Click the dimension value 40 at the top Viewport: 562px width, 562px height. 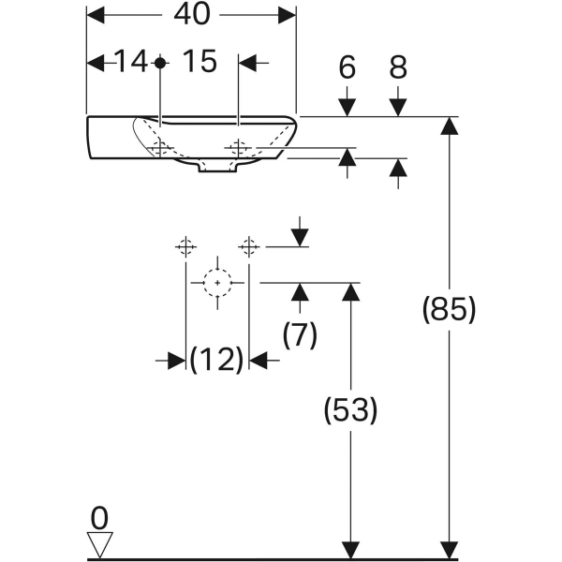click(x=191, y=14)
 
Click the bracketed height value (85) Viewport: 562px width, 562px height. click(x=450, y=309)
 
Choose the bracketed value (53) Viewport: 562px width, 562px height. click(x=350, y=409)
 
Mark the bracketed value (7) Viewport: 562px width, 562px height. click(x=300, y=334)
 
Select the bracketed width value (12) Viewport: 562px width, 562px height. click(x=217, y=359)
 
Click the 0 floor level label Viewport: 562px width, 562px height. click(x=99, y=517)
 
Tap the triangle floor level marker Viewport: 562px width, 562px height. click(x=99, y=544)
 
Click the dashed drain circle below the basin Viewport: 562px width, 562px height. click(x=217, y=282)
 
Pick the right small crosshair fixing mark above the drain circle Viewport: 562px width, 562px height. click(x=248, y=246)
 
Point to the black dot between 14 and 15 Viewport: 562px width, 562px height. click(x=160, y=63)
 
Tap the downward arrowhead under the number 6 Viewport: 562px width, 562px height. click(x=348, y=107)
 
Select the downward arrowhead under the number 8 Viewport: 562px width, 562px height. click(x=399, y=107)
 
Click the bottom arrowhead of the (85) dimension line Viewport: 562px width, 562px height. click(x=450, y=550)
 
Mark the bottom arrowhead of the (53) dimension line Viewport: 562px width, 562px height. click(x=350, y=550)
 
